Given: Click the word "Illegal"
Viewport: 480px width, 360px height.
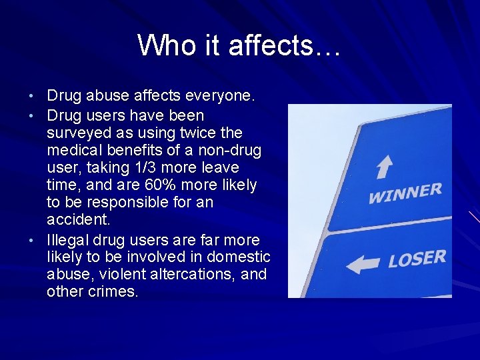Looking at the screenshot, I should (x=68, y=239).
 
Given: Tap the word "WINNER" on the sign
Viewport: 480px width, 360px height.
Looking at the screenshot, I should (x=405, y=193).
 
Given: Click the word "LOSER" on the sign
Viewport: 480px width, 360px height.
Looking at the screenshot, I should (x=417, y=257).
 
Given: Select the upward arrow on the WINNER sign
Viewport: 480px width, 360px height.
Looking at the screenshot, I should (x=385, y=166).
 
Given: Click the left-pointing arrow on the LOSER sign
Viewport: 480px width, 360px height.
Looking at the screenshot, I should (x=363, y=264).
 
